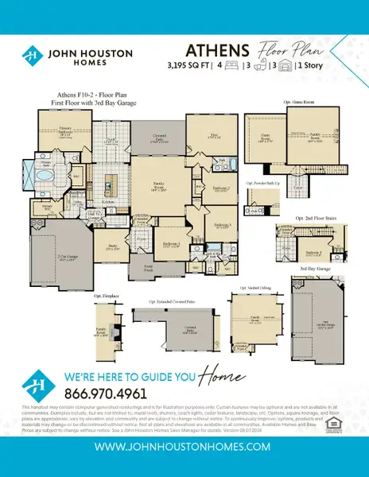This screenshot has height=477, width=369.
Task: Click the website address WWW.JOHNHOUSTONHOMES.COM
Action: coord(184,448)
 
